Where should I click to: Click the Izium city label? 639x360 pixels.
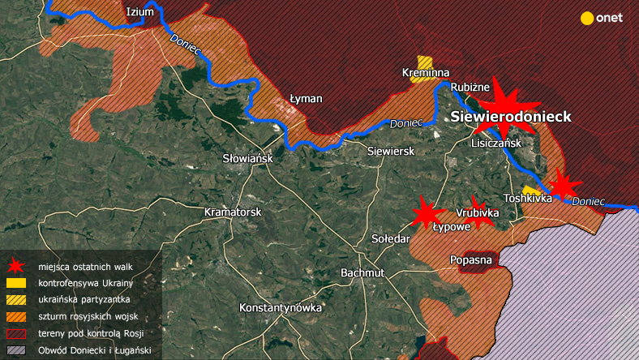[140, 11]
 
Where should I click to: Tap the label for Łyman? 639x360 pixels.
[306, 99]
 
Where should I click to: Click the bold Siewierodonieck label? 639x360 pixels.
[511, 117]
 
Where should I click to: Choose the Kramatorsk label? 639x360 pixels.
[232, 212]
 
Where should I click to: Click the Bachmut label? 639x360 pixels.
[362, 272]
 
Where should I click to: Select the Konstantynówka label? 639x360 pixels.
[281, 308]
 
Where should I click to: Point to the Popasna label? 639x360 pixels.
[470, 260]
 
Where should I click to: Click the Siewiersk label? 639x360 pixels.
[391, 152]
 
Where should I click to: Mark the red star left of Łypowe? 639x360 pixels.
[423, 212]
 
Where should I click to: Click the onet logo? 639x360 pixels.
[602, 18]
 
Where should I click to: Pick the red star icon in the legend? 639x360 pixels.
[15, 266]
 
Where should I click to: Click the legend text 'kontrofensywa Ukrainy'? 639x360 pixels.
[85, 283]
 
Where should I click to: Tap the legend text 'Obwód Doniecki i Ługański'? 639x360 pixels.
[94, 351]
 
